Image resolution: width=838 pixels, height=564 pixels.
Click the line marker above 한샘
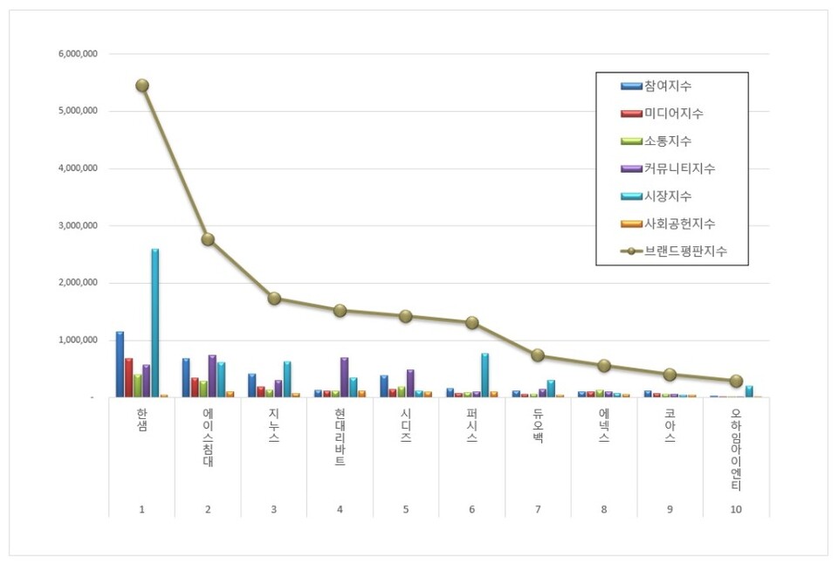pyautogui.click(x=141, y=86)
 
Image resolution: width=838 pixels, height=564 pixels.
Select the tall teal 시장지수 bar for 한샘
pyautogui.click(x=155, y=323)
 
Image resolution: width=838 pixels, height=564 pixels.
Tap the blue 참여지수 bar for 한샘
pyautogui.click(x=120, y=364)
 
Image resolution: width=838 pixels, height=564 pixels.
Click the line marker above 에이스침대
pyautogui.click(x=208, y=239)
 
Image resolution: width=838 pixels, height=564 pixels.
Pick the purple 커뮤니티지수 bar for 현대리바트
pyautogui.click(x=344, y=377)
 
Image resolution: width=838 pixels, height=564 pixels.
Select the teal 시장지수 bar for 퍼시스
pyautogui.click(x=485, y=375)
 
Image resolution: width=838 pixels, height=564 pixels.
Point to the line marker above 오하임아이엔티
pyautogui.click(x=736, y=381)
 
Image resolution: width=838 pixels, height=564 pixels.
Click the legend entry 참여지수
pyautogui.click(x=668, y=86)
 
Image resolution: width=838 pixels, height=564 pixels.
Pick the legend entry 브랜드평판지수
pyautogui.click(x=685, y=251)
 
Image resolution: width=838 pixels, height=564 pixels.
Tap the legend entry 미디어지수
pyautogui.click(x=673, y=113)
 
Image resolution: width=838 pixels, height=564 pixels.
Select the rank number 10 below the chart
pyautogui.click(x=736, y=508)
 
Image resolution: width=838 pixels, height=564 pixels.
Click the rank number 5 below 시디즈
pyautogui.click(x=406, y=508)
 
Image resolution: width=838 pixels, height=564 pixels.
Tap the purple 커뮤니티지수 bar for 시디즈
pyautogui.click(x=410, y=383)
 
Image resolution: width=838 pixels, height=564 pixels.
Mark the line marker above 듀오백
pyautogui.click(x=538, y=355)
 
